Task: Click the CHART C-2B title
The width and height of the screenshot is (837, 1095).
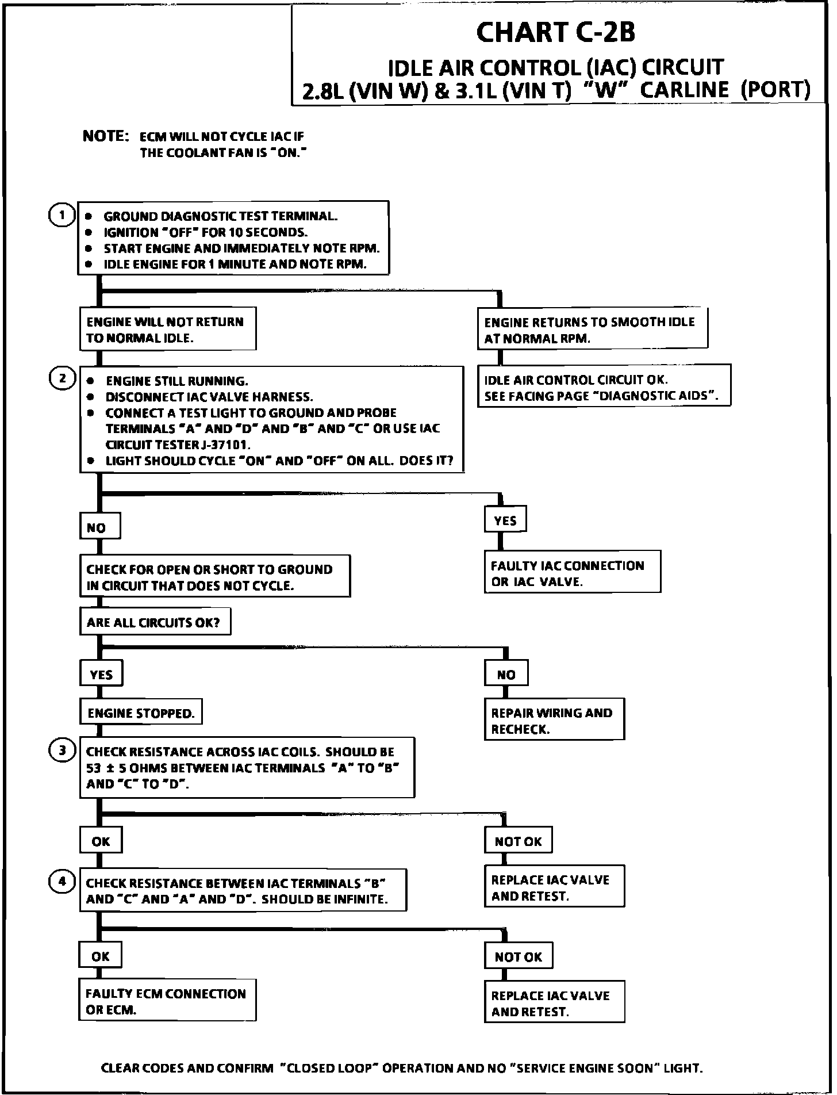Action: [x=555, y=32]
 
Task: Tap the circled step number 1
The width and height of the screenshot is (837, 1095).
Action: [x=62, y=216]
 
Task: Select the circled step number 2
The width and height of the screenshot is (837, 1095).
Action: [x=62, y=378]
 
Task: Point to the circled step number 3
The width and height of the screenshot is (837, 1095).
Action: [x=62, y=751]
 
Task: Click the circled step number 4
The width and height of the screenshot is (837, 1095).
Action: [x=62, y=882]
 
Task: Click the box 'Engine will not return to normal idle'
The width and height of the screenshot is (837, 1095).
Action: [x=167, y=329]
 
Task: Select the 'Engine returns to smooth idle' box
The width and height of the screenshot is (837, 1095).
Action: [x=592, y=329]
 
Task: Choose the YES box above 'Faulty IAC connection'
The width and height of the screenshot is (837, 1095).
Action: [x=505, y=520]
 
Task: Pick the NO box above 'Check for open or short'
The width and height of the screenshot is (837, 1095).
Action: [x=99, y=527]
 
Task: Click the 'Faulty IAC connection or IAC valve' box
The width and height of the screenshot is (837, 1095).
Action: [x=572, y=573]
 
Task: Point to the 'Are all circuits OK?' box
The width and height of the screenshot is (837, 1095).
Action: [x=155, y=622]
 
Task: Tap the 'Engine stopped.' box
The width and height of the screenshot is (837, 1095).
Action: [x=141, y=713]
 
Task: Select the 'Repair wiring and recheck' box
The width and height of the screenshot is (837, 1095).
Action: [x=554, y=720]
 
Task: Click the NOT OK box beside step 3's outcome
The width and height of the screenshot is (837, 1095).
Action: [x=518, y=841]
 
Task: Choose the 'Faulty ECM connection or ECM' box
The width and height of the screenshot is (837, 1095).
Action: [x=167, y=1001]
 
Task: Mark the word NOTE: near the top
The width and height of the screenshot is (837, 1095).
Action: [x=106, y=136]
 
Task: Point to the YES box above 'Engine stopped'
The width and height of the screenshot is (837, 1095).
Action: [x=101, y=674]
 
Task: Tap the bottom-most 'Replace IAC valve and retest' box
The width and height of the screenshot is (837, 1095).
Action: [x=554, y=1003]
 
